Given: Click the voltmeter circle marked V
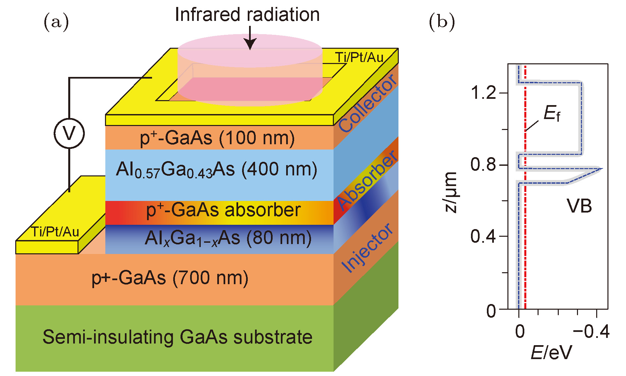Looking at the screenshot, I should (69, 133).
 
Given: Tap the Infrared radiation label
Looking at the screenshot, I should (247, 15).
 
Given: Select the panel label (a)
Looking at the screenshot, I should (56, 22).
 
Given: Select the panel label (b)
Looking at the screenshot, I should (442, 22).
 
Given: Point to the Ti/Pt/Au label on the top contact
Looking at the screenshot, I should (359, 58).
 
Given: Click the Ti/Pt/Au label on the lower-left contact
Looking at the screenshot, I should (55, 232).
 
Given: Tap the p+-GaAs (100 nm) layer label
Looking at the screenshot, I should (217, 138).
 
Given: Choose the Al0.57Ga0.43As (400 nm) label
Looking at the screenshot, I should (217, 170).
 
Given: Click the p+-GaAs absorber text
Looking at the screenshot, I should (223, 210).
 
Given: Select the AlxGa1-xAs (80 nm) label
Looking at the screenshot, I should (228, 238).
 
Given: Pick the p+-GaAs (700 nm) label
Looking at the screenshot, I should (170, 278).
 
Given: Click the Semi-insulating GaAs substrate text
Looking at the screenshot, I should (178, 337).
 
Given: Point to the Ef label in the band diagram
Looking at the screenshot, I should (552, 114).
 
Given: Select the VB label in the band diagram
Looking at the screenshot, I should (579, 206).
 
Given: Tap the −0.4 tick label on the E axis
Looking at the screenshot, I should (592, 332).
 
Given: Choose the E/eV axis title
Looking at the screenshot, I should (551, 352).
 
